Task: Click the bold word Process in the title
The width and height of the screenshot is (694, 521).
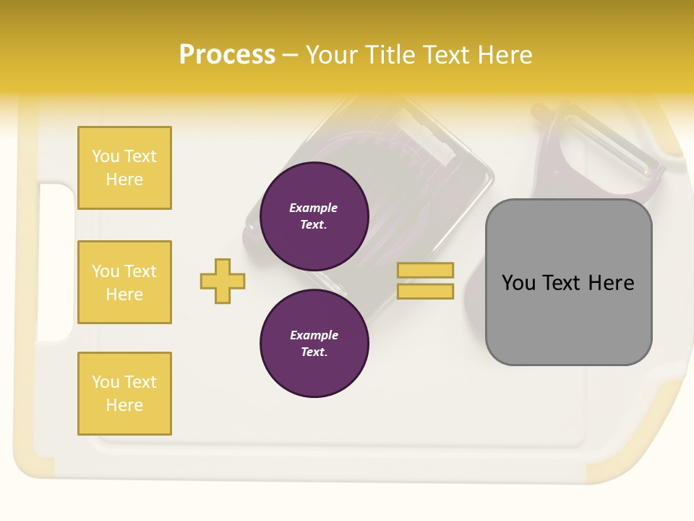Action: [227, 54]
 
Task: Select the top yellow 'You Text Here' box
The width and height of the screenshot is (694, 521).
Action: [124, 168]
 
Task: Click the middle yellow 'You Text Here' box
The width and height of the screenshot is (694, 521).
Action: [124, 282]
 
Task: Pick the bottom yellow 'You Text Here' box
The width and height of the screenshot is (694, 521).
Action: [124, 393]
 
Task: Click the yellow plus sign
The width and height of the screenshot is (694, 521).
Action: [223, 281]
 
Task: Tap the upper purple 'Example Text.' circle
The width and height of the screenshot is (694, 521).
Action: [314, 216]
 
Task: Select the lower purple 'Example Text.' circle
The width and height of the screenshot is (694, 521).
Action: [314, 343]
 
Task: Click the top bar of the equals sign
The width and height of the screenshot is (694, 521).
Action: [425, 270]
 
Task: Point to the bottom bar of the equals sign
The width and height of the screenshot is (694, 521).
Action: [425, 291]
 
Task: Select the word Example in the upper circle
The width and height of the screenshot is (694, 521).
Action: [313, 208]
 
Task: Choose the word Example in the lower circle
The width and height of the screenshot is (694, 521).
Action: [314, 335]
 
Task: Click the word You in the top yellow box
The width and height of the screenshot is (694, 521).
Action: [106, 156]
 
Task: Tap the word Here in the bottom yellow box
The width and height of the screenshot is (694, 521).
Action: [124, 405]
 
